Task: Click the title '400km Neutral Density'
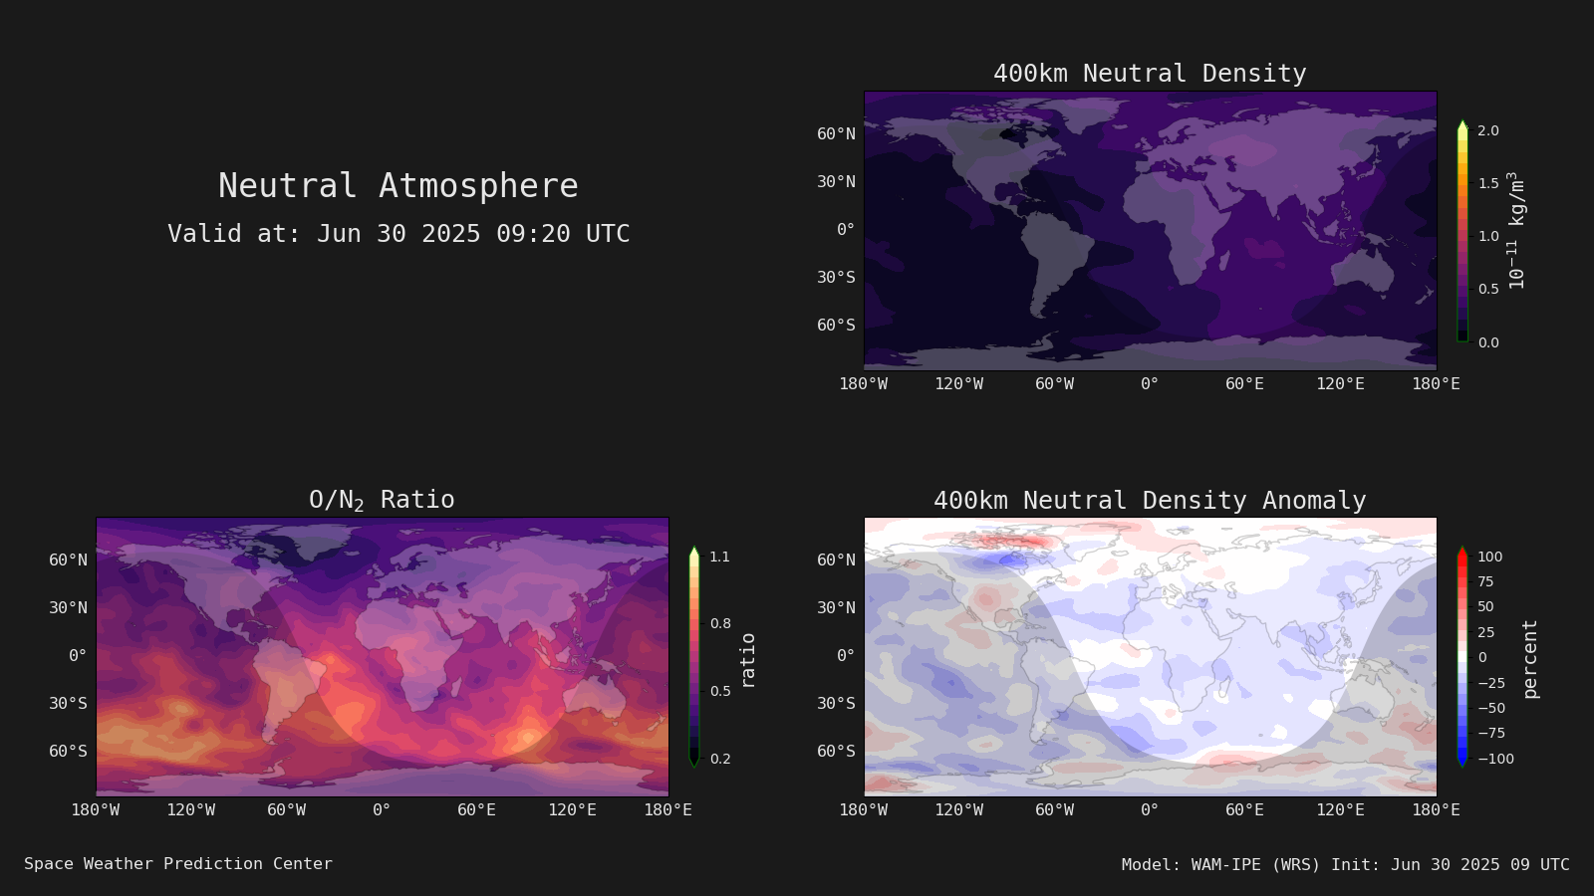(x=1150, y=74)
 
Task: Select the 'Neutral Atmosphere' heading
(x=398, y=185)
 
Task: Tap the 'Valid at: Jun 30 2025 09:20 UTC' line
(x=398, y=233)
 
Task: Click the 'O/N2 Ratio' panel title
(x=382, y=500)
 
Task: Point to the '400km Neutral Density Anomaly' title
(x=1150, y=501)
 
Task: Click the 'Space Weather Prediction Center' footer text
(x=178, y=864)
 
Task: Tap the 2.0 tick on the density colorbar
(x=1488, y=130)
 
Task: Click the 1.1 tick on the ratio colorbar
(x=719, y=557)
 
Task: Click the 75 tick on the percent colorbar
(x=1485, y=581)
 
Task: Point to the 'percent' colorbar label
(x=1530, y=659)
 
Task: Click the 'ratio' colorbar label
(x=747, y=661)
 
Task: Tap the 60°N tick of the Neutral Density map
(x=836, y=133)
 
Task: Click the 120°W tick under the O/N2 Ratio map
(x=190, y=810)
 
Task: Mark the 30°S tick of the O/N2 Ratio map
(x=68, y=703)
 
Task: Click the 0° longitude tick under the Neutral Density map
(x=1150, y=384)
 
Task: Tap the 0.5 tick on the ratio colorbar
(x=720, y=691)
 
